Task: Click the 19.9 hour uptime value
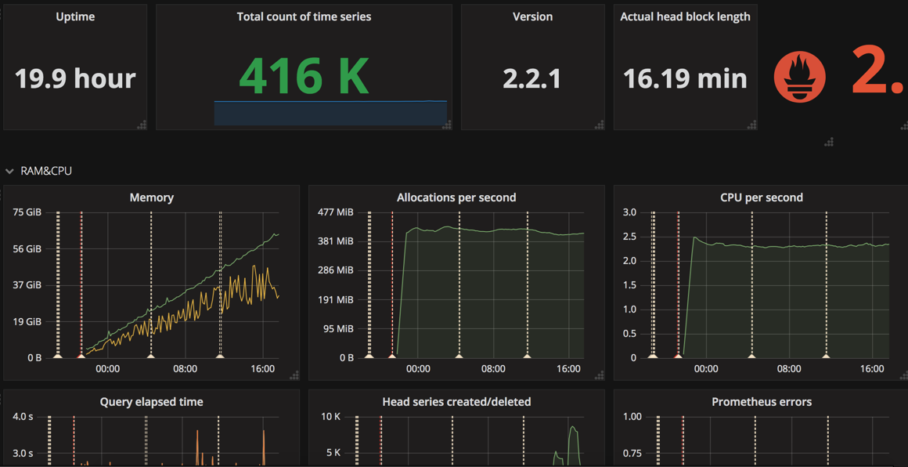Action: pyautogui.click(x=75, y=78)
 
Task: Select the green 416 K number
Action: pyautogui.click(x=304, y=76)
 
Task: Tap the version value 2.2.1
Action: pyautogui.click(x=532, y=78)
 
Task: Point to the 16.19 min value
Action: pyautogui.click(x=685, y=78)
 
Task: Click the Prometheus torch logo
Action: pyautogui.click(x=799, y=77)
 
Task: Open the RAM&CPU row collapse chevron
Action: pyautogui.click(x=9, y=171)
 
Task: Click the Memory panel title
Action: pyautogui.click(x=151, y=197)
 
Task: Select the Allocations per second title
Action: pyautogui.click(x=456, y=197)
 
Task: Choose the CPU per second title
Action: pyautogui.click(x=762, y=197)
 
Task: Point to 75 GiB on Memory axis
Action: pyautogui.click(x=27, y=212)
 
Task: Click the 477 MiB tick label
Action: pyautogui.click(x=335, y=212)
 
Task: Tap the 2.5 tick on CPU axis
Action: pyautogui.click(x=629, y=237)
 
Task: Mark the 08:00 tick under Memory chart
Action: pyautogui.click(x=185, y=369)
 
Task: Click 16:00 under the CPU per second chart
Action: pyautogui.click(x=872, y=369)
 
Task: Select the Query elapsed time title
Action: pyautogui.click(x=151, y=402)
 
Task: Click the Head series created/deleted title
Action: pyautogui.click(x=456, y=402)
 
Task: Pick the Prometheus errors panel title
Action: pyautogui.click(x=762, y=402)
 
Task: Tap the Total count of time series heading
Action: pyautogui.click(x=304, y=16)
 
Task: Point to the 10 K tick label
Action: pyautogui.click(x=330, y=417)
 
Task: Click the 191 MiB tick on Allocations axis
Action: pyautogui.click(x=335, y=299)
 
